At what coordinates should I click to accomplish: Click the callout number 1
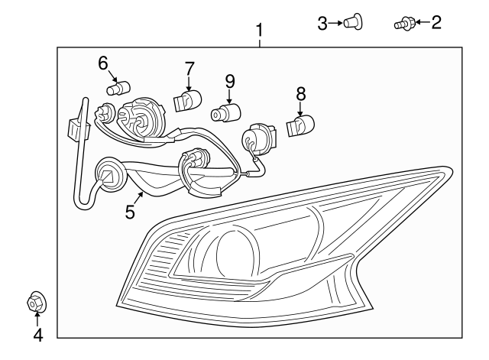pyautogui.click(x=260, y=31)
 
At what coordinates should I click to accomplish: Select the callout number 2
pyautogui.click(x=436, y=23)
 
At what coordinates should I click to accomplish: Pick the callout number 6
pyautogui.click(x=103, y=63)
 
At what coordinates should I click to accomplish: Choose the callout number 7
pyautogui.click(x=189, y=70)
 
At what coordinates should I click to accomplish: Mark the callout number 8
pyautogui.click(x=300, y=93)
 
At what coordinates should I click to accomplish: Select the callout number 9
pyautogui.click(x=228, y=79)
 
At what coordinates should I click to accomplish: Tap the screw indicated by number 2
pyautogui.click(x=402, y=24)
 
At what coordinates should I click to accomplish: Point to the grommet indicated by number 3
pyautogui.click(x=353, y=23)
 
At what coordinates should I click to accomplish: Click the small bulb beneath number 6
pyautogui.click(x=115, y=89)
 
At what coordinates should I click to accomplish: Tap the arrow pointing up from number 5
pyautogui.click(x=138, y=198)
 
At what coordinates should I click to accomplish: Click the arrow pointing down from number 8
pyautogui.click(x=300, y=108)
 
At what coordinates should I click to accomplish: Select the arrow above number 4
pyautogui.click(x=37, y=319)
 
